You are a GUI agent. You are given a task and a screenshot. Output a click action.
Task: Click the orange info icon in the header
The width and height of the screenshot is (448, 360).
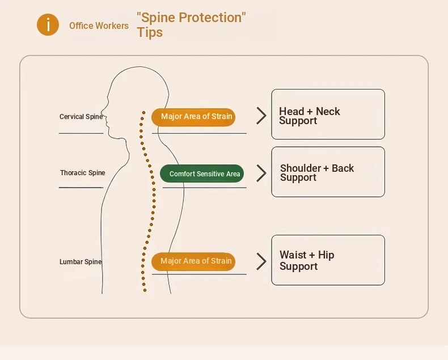coord(48,25)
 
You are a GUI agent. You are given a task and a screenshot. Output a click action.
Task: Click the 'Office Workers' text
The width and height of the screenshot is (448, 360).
coord(99,26)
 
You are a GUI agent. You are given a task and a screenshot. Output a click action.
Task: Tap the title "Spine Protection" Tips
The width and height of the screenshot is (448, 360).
coord(191,24)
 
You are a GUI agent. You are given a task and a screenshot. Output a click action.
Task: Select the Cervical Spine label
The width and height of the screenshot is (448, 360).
coord(81,117)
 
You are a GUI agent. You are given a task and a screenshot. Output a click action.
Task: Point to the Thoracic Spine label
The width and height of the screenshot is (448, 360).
coord(83,173)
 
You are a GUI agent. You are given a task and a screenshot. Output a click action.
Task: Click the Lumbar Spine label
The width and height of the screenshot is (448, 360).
coord(81,262)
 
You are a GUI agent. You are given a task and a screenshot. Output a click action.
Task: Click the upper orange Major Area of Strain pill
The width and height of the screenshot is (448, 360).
coord(193,117)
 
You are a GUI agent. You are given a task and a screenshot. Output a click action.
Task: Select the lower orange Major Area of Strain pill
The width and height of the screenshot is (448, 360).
coord(193,261)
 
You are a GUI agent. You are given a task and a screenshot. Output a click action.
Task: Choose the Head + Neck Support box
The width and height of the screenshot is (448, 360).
coord(328,114)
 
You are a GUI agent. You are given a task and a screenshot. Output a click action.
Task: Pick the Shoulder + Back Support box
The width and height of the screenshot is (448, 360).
coord(328,172)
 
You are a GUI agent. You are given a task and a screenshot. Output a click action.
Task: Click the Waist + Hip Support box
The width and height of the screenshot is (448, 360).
coord(328,260)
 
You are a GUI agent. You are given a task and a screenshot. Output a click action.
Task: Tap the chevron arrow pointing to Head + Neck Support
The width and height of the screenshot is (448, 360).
coord(261,116)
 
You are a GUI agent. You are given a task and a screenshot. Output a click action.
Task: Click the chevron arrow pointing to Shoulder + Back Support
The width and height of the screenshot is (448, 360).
coord(261,173)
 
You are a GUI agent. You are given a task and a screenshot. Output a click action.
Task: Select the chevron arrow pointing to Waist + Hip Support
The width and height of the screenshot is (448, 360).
coord(261,261)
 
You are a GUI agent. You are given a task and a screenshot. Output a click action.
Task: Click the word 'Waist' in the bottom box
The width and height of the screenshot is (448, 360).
coord(293,255)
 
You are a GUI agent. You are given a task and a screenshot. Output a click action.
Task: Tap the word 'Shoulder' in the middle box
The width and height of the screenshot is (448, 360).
coord(301,168)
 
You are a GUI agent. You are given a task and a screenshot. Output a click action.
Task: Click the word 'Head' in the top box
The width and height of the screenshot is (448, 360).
coord(291,112)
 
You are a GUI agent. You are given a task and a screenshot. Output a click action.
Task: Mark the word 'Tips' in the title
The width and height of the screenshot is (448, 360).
coord(150,32)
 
